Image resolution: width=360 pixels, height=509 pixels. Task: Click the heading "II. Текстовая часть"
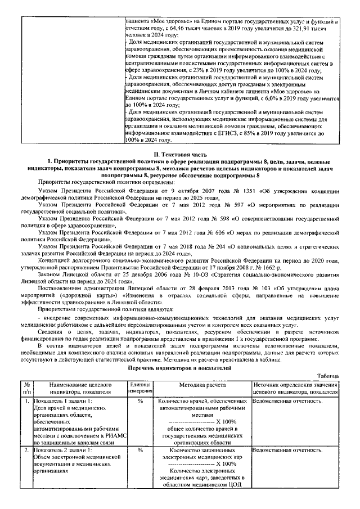[x=179, y=154]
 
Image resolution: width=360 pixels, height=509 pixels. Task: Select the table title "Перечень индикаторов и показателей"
[x=180, y=367]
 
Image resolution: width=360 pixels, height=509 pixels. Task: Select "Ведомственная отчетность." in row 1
[x=288, y=402]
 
